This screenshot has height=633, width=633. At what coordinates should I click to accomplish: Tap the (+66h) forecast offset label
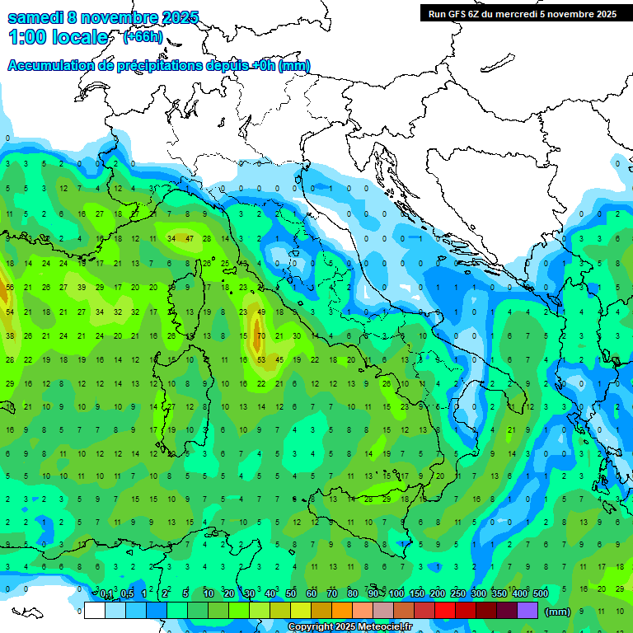click(142, 37)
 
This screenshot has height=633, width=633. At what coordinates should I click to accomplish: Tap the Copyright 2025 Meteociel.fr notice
click(350, 627)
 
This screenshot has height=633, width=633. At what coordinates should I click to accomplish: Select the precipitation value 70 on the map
click(260, 336)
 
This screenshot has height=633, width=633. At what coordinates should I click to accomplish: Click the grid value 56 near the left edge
click(10, 288)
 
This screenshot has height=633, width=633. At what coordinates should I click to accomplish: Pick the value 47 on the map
click(190, 238)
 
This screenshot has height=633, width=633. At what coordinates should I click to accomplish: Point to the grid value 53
click(260, 360)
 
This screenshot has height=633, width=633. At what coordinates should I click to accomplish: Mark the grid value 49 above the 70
click(260, 312)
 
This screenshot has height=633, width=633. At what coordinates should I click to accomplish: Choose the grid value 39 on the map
click(82, 288)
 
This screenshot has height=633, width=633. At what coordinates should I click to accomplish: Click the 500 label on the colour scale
click(541, 593)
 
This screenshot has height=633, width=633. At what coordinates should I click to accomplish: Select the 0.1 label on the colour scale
click(106, 593)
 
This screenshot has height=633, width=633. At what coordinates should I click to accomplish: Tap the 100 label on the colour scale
click(396, 593)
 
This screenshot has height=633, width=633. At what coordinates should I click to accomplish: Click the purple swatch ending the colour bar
click(527, 610)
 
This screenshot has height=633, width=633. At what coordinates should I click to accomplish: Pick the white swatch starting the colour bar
click(95, 610)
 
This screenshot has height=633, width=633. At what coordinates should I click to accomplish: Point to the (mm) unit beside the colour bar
click(558, 612)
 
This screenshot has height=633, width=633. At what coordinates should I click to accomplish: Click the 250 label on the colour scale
click(458, 593)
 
